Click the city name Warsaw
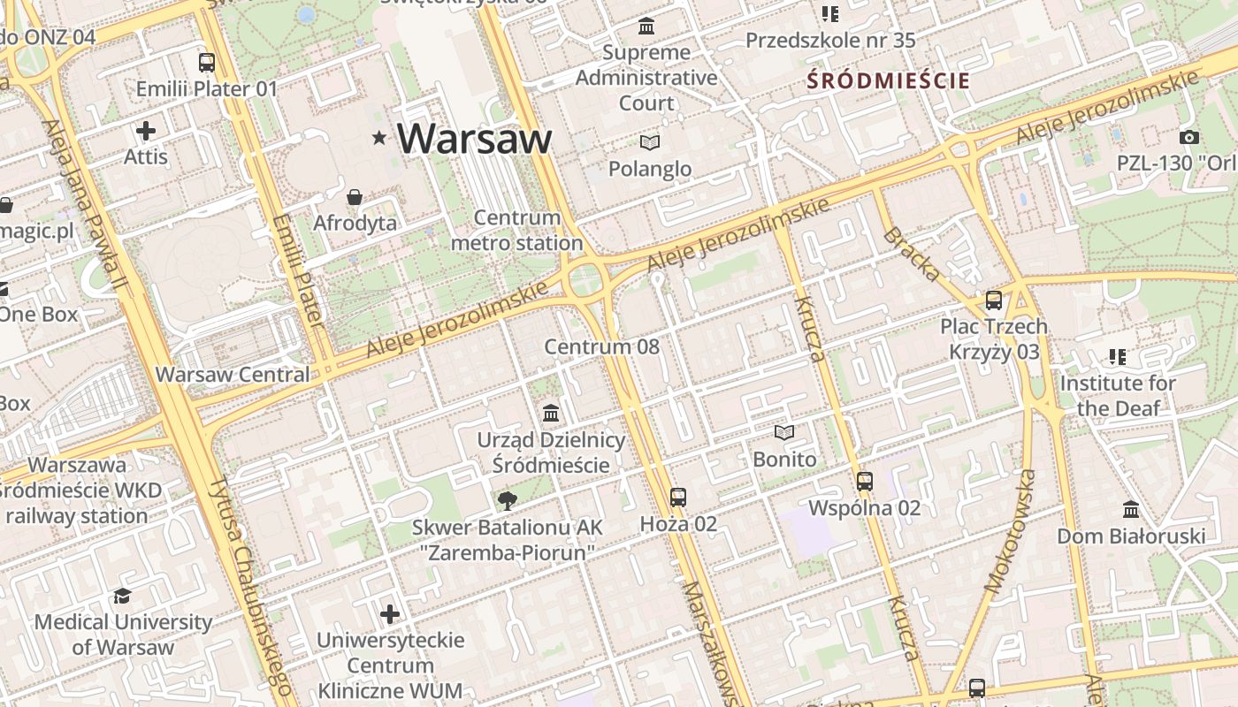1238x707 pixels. click(474, 138)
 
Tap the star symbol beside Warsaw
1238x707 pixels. click(380, 137)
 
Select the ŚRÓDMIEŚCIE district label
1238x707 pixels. click(888, 80)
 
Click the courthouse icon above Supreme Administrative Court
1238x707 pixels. click(646, 27)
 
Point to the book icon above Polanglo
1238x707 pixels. click(650, 142)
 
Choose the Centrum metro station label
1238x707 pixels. click(517, 230)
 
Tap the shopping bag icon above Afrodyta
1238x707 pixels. click(355, 196)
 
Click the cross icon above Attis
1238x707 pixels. click(146, 131)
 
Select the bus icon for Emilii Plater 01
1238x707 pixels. click(207, 63)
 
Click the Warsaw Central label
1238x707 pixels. click(233, 374)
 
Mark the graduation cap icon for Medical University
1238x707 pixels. click(123, 597)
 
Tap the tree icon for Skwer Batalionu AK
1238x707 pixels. click(508, 501)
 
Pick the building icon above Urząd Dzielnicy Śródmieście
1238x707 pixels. click(551, 413)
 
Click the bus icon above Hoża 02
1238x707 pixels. click(678, 498)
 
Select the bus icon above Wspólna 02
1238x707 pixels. click(865, 482)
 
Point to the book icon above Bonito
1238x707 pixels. click(784, 433)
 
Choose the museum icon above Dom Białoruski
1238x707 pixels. click(1131, 510)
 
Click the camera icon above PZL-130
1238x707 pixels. click(1189, 137)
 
